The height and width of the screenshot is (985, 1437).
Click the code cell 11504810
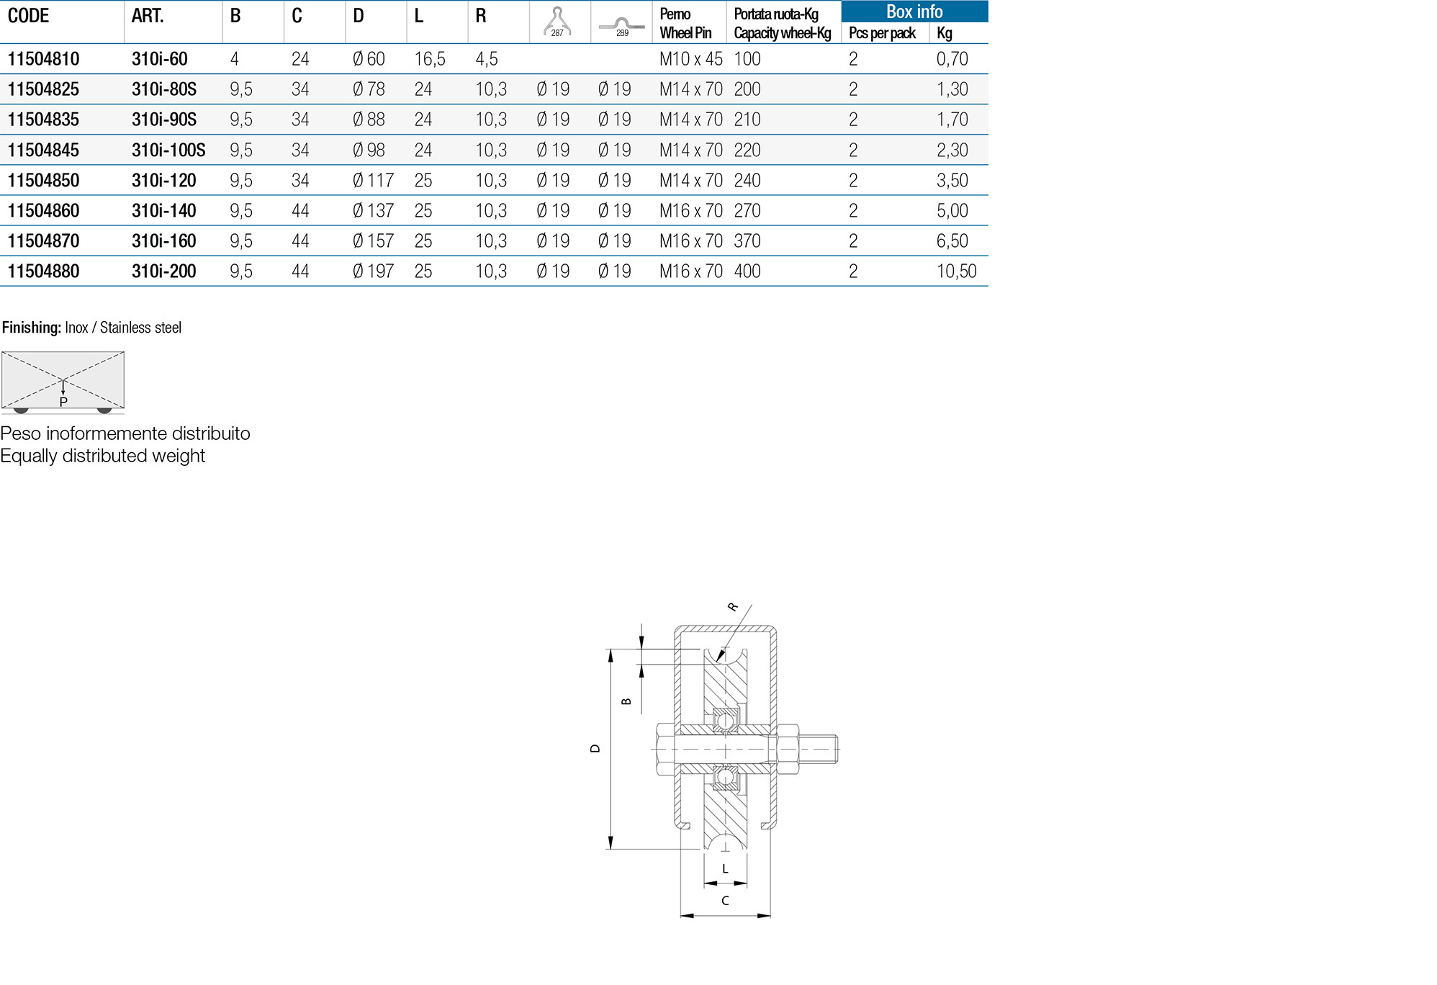43,59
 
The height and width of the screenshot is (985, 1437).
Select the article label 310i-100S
168,150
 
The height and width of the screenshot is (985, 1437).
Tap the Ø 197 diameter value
373,271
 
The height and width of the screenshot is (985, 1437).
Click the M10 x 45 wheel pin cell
690,59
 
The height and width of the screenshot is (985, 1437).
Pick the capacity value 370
747,241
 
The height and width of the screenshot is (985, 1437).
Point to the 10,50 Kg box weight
956,271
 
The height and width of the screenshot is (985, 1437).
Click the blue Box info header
914,12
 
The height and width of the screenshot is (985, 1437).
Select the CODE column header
28,16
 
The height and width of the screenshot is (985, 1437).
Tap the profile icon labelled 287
557,22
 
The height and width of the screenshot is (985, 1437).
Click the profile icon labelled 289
621,26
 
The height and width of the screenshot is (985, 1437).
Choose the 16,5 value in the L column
430,59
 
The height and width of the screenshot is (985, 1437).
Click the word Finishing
31,328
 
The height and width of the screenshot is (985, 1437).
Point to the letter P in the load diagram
63,402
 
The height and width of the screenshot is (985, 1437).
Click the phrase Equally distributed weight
102,456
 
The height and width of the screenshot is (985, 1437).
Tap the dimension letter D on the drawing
595,748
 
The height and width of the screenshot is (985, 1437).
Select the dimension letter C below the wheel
725,901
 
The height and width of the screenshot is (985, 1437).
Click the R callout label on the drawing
733,607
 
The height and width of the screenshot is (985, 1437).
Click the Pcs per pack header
882,33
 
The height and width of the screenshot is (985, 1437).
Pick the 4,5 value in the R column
486,59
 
